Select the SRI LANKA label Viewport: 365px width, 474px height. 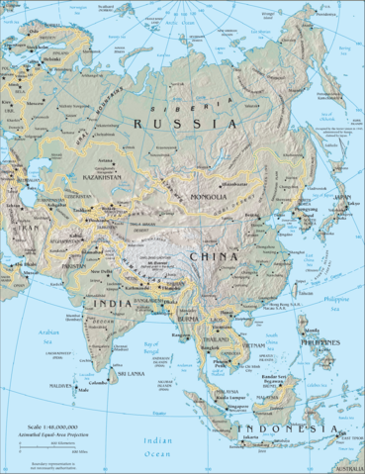(x=133, y=376)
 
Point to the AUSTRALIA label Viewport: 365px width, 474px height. (x=349, y=468)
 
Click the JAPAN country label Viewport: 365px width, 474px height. (x=342, y=198)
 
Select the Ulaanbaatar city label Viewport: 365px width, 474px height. (x=234, y=184)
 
